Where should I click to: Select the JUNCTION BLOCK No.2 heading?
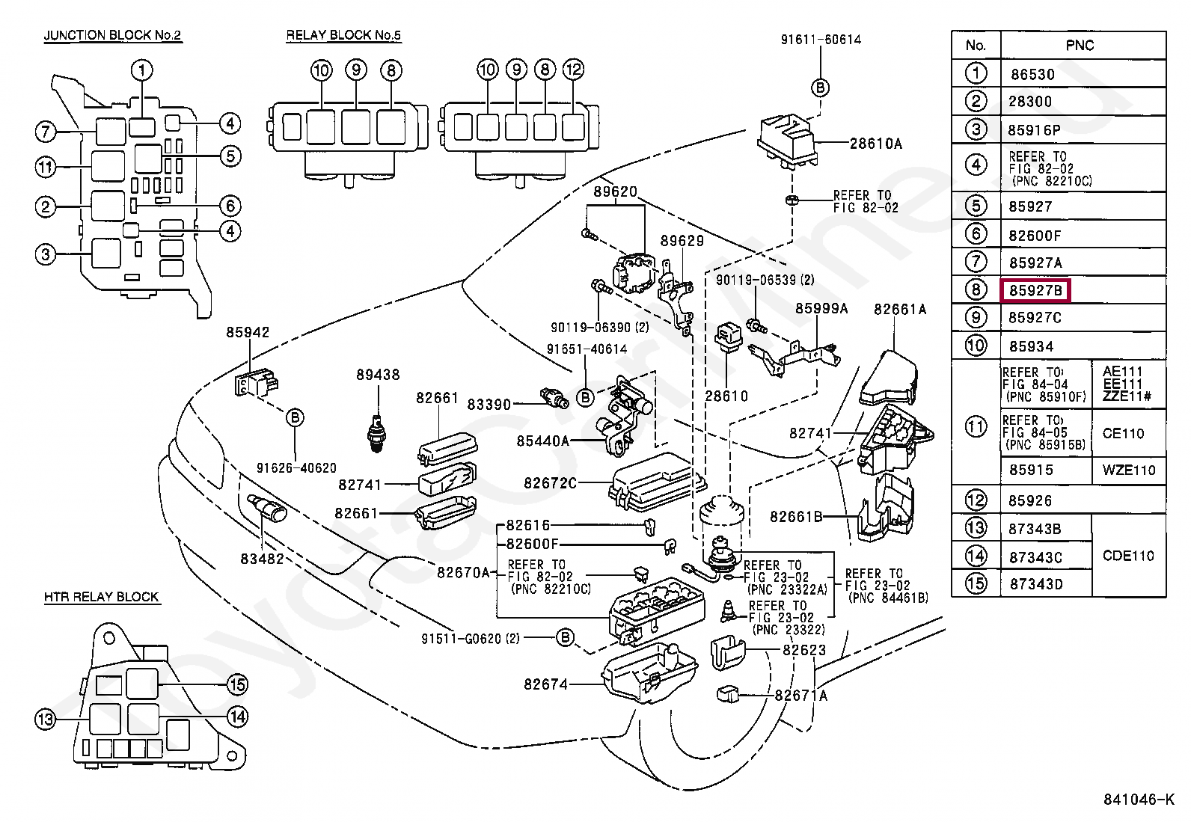click(x=112, y=35)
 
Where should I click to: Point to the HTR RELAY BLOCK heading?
click(x=101, y=597)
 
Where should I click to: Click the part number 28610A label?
click(x=875, y=143)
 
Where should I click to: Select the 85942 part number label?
click(x=248, y=332)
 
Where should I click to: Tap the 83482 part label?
click(x=262, y=558)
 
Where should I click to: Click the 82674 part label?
click(x=545, y=684)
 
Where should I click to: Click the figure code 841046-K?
click(x=1138, y=799)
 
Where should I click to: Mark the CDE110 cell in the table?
click(x=1128, y=556)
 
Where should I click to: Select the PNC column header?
click(x=1080, y=45)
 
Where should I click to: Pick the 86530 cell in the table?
click(x=1032, y=74)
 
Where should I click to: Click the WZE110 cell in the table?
click(x=1128, y=470)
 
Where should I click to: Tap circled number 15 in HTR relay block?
click(x=237, y=684)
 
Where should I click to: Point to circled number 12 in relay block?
click(x=572, y=70)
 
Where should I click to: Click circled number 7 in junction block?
click(x=46, y=132)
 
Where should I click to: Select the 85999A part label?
click(x=821, y=308)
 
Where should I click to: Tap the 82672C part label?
click(x=550, y=483)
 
